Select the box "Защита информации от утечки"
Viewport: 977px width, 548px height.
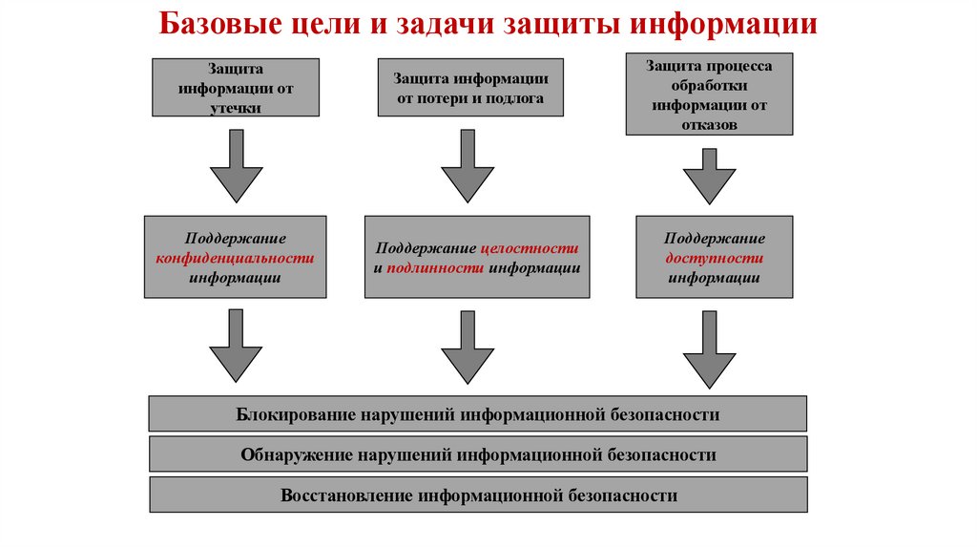pyautogui.click(x=236, y=88)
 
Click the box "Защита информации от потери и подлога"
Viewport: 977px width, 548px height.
pyautogui.click(x=470, y=88)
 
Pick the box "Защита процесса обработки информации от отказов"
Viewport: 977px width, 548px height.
pyautogui.click(x=709, y=94)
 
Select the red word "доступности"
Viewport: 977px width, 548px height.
pyautogui.click(x=714, y=258)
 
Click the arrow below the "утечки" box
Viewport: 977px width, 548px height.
pyautogui.click(x=236, y=166)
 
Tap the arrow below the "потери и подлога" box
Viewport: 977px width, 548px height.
pyautogui.click(x=468, y=166)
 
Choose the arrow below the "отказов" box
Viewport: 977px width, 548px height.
pyautogui.click(x=709, y=176)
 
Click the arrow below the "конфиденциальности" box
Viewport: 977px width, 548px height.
pyautogui.click(x=236, y=347)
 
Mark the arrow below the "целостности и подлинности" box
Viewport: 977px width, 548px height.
pyautogui.click(x=468, y=347)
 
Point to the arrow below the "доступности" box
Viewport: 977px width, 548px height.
pyautogui.click(x=709, y=349)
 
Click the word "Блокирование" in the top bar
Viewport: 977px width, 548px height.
pyautogui.click(x=296, y=414)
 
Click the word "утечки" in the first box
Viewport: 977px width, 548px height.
pyautogui.click(x=236, y=109)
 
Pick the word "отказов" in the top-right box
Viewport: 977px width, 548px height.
pyautogui.click(x=709, y=124)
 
